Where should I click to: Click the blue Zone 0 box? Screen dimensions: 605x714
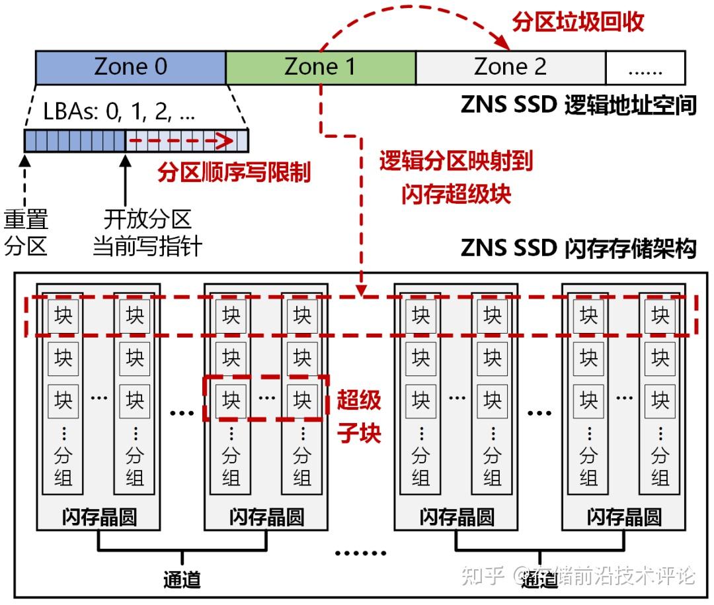coord(130,67)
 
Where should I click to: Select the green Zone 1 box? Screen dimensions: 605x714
coord(321,67)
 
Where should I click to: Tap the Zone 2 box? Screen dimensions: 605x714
coord(510,67)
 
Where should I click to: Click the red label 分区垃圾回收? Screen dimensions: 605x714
coord(578,22)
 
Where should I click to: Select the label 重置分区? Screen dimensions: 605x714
coord(26,232)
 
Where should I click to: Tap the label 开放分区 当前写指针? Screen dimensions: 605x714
coord(147,232)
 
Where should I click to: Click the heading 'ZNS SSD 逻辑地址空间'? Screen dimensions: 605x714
coord(578,105)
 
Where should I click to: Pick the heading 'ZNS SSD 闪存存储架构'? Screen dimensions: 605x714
coord(578,250)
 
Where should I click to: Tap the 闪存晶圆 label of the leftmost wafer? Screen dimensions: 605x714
coord(99,517)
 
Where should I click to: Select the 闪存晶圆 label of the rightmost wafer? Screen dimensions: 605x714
coord(624,517)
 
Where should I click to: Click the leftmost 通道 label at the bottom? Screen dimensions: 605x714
coord(182,579)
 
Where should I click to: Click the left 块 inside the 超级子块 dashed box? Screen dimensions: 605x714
coord(231,400)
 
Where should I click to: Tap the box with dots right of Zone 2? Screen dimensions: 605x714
coord(645,67)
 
